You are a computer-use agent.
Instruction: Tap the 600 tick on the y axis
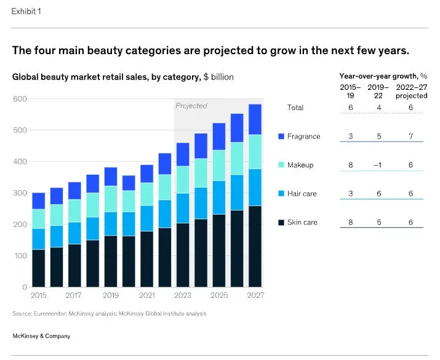coord(20,99)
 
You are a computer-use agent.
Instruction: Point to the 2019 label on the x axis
coord(110,295)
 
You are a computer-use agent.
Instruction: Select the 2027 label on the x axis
coord(255,295)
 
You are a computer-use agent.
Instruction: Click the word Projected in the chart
coord(191,106)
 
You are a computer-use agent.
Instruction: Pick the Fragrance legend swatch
coord(281,136)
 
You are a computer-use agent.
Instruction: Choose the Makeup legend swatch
coord(281,165)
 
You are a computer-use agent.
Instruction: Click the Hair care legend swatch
coord(281,193)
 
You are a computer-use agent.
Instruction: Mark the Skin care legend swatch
coord(281,222)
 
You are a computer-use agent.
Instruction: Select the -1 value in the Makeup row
coord(378,165)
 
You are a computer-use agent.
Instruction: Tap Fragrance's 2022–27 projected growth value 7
coord(411,136)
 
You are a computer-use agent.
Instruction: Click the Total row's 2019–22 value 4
coord(378,108)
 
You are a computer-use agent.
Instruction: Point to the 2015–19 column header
coord(350,91)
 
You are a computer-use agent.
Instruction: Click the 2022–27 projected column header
coord(411,91)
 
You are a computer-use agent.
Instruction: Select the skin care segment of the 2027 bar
coord(255,246)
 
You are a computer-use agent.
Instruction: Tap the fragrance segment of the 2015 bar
coord(38,201)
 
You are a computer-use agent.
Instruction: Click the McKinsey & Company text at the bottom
coord(41,336)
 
